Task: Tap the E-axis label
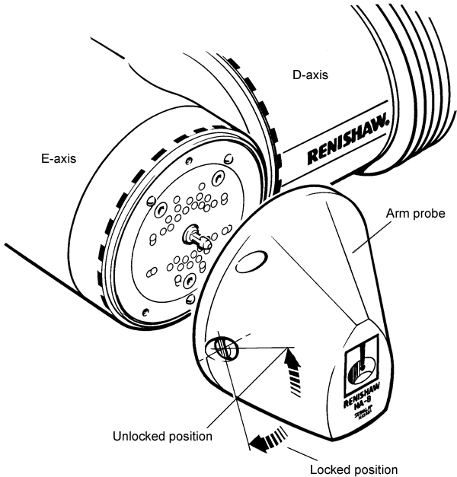pos(60,160)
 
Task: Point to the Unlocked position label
pos(162,436)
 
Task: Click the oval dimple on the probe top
pos(251,264)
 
